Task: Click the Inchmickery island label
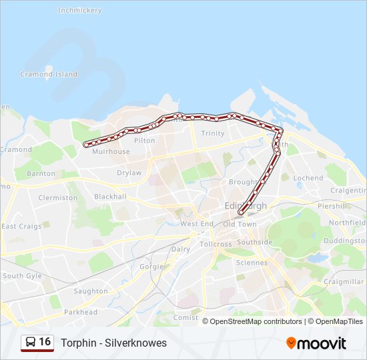click(80, 11)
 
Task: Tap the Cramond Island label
click(49, 74)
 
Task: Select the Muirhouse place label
click(111, 151)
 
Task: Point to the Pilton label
click(144, 141)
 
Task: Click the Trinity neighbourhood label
click(213, 133)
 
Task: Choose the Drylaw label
click(129, 173)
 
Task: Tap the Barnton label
click(41, 173)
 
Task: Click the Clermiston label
click(58, 198)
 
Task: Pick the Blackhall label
click(110, 197)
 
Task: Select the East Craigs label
click(21, 226)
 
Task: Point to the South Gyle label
click(22, 275)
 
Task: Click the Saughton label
click(91, 291)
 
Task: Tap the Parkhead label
click(82, 312)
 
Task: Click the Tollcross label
click(216, 244)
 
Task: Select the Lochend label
click(308, 178)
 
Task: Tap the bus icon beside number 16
click(30, 343)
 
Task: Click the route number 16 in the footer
click(45, 342)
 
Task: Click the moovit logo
click(316, 343)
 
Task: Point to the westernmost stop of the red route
click(86, 145)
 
